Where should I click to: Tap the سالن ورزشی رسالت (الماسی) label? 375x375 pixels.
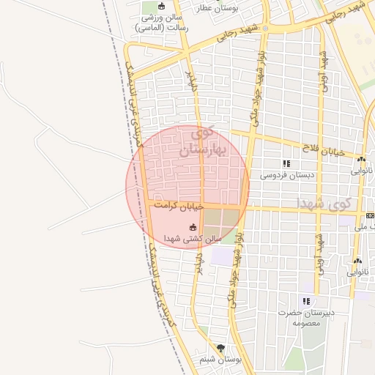point(161,22)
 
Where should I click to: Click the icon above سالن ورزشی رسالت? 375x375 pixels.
point(162,7)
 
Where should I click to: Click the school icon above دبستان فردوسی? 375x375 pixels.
point(286,164)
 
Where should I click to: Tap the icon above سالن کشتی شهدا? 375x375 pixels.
point(193,227)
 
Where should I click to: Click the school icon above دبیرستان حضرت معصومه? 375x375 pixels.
point(306,301)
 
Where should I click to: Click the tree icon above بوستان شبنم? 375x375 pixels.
point(221,349)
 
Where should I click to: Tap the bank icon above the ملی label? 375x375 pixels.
point(370,215)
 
